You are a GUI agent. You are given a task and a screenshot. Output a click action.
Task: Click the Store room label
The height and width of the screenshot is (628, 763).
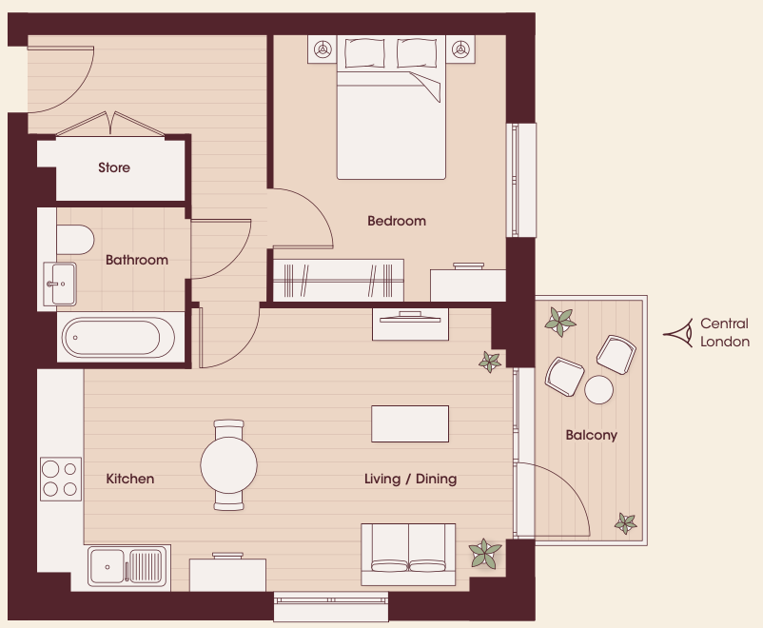tap(114, 167)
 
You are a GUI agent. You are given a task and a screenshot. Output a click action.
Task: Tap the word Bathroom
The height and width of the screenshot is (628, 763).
tap(137, 260)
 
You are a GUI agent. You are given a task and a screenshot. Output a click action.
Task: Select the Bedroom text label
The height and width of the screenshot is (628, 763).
tap(397, 221)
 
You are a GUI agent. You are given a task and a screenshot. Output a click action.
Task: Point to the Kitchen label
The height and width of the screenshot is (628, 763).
tap(130, 479)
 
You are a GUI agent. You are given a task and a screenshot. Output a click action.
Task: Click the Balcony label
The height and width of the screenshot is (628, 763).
tap(591, 435)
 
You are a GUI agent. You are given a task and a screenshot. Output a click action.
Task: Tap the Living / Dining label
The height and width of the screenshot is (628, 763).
tap(410, 479)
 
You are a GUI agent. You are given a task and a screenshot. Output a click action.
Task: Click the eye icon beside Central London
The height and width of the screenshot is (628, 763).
tap(678, 333)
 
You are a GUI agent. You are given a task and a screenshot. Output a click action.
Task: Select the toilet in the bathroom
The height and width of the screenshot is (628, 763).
tap(75, 240)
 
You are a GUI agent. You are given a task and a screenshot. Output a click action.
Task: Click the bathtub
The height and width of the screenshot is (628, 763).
tap(118, 338)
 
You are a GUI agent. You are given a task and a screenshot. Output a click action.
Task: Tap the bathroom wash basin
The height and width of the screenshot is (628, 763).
tap(60, 284)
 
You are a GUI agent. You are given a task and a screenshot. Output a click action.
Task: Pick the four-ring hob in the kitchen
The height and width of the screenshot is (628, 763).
tap(60, 479)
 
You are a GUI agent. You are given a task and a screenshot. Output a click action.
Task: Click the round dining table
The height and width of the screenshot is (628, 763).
tap(228, 465)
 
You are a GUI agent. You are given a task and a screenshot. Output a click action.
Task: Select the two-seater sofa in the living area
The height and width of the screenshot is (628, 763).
tap(408, 555)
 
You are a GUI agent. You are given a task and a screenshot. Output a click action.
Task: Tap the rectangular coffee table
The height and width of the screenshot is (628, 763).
tap(410, 424)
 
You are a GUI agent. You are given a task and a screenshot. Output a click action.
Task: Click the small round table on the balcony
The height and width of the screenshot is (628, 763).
tap(598, 389)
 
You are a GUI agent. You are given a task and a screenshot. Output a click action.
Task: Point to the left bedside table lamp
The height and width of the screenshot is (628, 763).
tap(323, 49)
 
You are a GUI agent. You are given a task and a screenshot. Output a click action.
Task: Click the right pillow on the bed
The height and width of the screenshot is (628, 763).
tap(417, 53)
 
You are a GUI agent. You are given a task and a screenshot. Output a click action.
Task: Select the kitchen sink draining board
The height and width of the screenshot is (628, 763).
tap(145, 566)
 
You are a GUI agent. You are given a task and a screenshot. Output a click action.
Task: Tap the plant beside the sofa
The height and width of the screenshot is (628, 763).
tap(484, 554)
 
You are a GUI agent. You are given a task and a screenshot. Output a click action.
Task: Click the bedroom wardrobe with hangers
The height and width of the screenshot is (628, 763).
tap(338, 281)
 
